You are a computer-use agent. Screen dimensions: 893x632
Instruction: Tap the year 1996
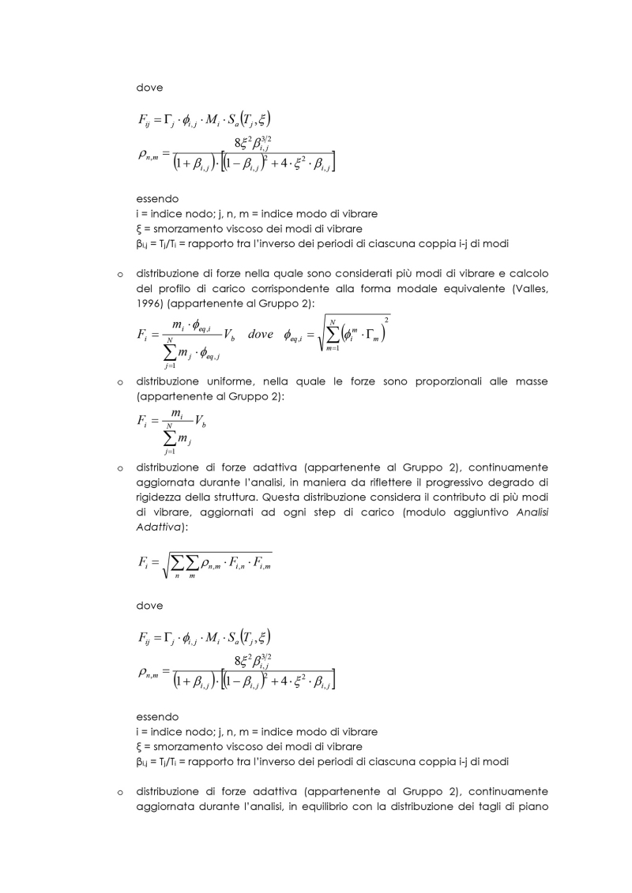[149, 302]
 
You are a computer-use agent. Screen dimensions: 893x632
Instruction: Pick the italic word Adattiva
[157, 525]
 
